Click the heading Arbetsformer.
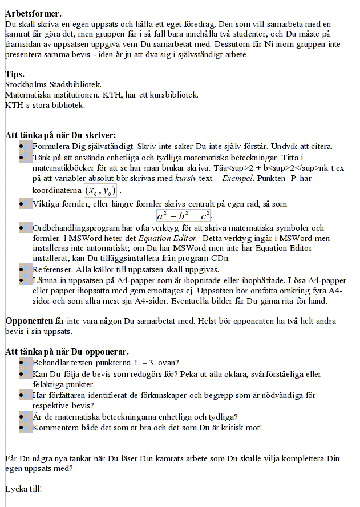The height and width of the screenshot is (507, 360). (33, 14)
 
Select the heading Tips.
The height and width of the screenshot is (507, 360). (15, 74)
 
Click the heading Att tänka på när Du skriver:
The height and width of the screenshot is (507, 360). (60, 135)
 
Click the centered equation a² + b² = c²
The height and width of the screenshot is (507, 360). (184, 216)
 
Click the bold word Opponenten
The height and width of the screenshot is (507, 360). (29, 321)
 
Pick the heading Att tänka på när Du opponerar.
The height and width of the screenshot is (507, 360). (67, 351)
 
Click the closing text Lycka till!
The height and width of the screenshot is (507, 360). (23, 489)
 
